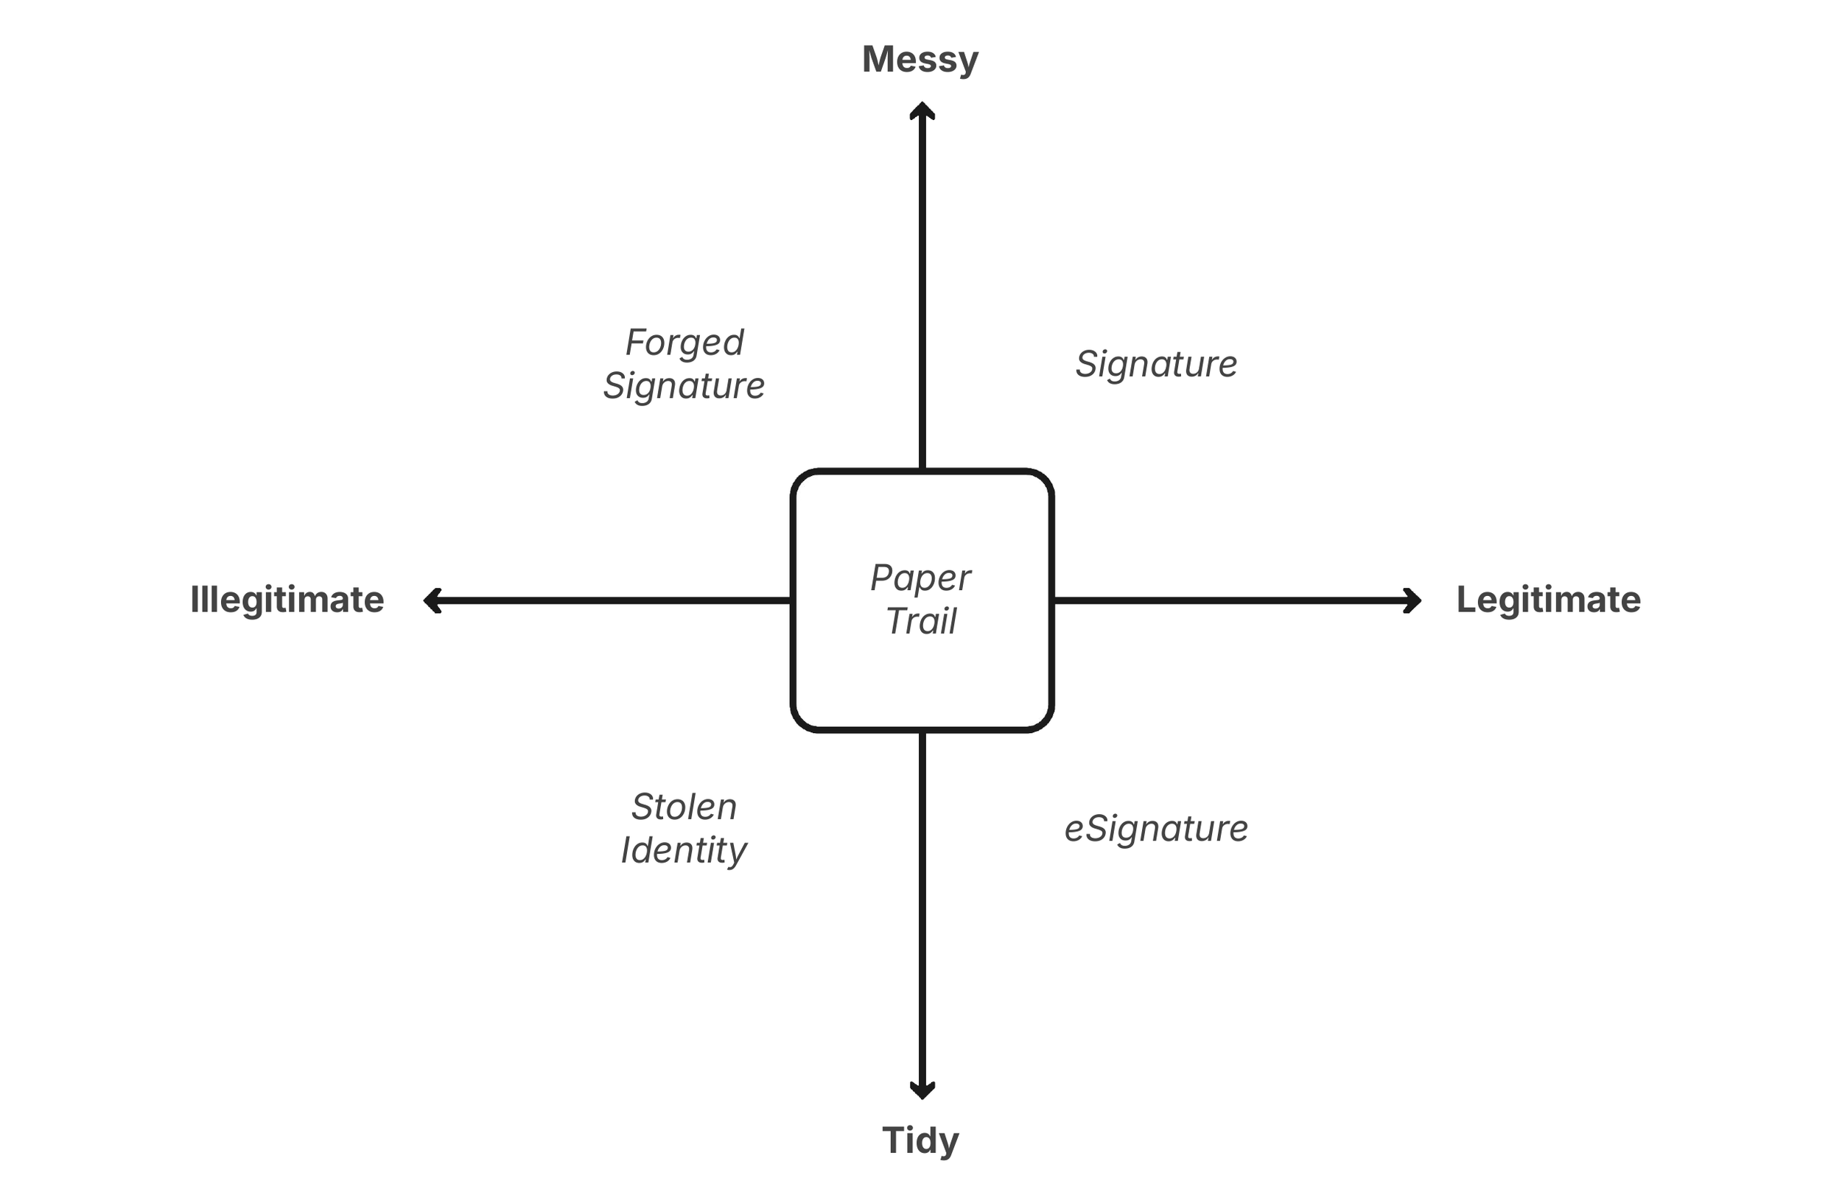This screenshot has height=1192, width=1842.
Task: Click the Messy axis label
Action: pyautogui.click(x=920, y=60)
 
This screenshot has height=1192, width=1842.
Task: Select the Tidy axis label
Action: pyautogui.click(x=920, y=1141)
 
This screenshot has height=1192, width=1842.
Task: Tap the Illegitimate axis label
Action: pyautogui.click(x=287, y=600)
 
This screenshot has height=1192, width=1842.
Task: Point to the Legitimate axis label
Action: pyautogui.click(x=1548, y=600)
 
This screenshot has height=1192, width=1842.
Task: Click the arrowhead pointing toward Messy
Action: pyautogui.click(x=922, y=110)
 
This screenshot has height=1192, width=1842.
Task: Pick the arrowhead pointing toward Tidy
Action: pyautogui.click(x=922, y=1090)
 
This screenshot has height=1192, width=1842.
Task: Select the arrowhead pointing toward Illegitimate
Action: pyautogui.click(x=432, y=600)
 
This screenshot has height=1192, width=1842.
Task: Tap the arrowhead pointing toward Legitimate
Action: pyautogui.click(x=1413, y=600)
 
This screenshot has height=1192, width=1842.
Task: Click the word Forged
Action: pyautogui.click(x=684, y=343)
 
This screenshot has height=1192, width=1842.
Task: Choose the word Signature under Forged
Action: pyautogui.click(x=684, y=385)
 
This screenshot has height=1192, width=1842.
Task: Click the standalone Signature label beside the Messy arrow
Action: pyautogui.click(x=1156, y=364)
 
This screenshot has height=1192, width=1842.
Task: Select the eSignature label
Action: pyautogui.click(x=1156, y=829)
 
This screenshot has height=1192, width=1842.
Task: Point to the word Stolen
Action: pyautogui.click(x=684, y=807)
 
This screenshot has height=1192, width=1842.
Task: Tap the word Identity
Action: pyautogui.click(x=684, y=851)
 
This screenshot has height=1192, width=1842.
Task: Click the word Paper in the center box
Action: pyautogui.click(x=920, y=578)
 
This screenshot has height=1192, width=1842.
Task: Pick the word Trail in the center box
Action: pyautogui.click(x=921, y=621)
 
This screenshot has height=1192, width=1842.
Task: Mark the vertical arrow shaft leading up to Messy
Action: pyautogui.click(x=922, y=294)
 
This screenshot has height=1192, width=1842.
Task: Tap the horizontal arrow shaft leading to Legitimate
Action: pyautogui.click(x=1230, y=600)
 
